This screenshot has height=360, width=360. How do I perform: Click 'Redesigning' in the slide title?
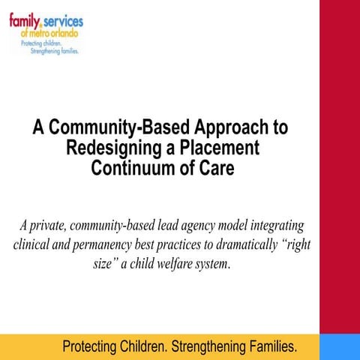(110, 148)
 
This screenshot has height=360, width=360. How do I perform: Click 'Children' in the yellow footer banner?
(142, 347)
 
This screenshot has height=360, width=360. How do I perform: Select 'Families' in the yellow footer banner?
(266, 347)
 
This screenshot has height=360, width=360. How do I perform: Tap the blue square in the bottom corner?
(339, 347)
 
